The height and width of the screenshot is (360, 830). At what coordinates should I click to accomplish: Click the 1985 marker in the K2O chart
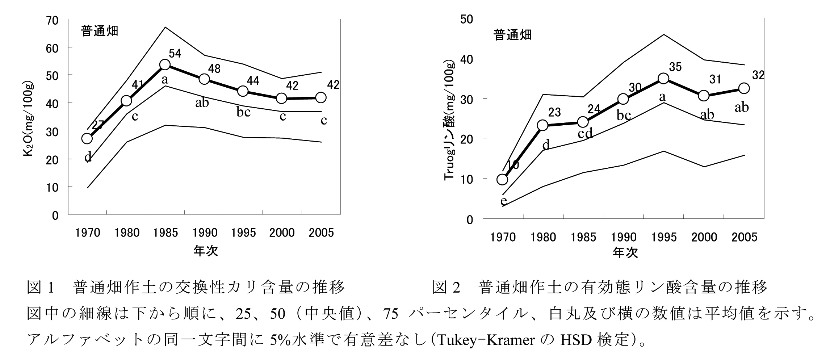[x=165, y=65]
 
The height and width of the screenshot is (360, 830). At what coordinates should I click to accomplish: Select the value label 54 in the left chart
[x=175, y=54]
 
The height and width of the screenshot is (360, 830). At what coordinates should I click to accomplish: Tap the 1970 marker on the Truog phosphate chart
[x=502, y=180]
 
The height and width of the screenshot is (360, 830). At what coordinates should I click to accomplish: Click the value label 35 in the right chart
[x=675, y=67]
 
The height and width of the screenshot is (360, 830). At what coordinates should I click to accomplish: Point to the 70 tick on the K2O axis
[x=53, y=20]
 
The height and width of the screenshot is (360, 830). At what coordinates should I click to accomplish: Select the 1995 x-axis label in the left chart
[x=243, y=233]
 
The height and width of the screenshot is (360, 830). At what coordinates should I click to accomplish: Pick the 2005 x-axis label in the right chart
[x=744, y=237]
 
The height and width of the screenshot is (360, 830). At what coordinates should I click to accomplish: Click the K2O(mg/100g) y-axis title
[x=29, y=120]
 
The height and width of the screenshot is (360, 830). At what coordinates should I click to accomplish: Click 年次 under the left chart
[x=205, y=251]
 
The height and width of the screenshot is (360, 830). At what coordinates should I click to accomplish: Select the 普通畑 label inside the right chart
[x=512, y=35]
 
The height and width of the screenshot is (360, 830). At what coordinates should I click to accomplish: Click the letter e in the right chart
[x=503, y=201]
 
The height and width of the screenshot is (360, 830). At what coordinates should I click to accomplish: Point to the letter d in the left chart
[x=88, y=157]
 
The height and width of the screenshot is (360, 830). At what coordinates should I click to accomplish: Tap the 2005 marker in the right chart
[x=744, y=88]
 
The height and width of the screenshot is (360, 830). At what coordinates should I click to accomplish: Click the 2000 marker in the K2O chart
[x=282, y=98]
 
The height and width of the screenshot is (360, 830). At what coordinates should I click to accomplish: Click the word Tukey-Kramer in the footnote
[x=485, y=340]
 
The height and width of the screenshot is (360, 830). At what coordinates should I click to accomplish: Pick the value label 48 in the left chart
[x=214, y=69]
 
